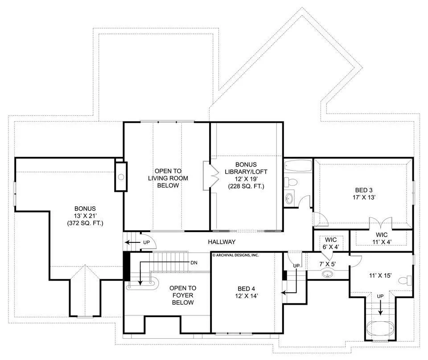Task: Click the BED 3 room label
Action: [x=364, y=194]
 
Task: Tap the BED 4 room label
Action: [x=247, y=292]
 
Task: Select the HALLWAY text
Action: [x=222, y=241]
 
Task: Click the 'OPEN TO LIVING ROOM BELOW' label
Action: [x=168, y=178]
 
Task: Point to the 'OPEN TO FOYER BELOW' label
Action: [x=183, y=295]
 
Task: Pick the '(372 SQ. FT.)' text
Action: [x=85, y=223]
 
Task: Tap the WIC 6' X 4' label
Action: [x=331, y=243]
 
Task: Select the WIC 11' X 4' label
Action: [x=382, y=238]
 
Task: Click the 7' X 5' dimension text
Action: [x=328, y=264]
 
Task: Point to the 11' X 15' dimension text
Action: [x=380, y=275]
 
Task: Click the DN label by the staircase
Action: [x=194, y=262]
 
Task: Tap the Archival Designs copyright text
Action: [x=235, y=255]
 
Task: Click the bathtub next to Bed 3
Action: [x=298, y=166]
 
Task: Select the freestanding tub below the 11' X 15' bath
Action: [x=380, y=330]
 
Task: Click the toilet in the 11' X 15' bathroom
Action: [x=405, y=280]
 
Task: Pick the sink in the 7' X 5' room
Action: [x=327, y=274]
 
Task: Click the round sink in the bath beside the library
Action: [x=289, y=198]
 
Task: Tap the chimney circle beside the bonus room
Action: [x=121, y=177]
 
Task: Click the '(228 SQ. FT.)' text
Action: [x=246, y=187]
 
